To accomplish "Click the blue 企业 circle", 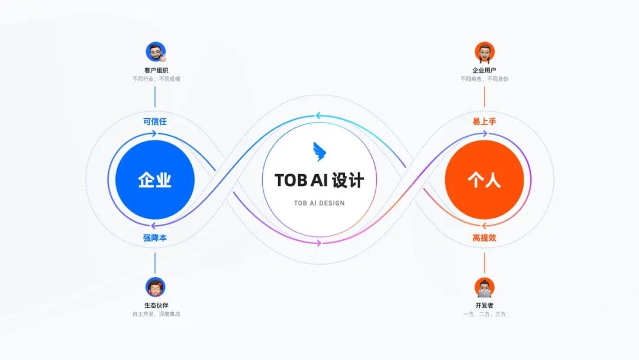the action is coord(155,179).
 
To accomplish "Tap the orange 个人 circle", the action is coord(484,179).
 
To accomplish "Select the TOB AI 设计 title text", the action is coord(319,180).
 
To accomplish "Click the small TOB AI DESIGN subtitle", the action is coord(319,203).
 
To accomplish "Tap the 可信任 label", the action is coord(155,121).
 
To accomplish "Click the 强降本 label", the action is coord(155,238).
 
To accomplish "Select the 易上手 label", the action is coord(484,121).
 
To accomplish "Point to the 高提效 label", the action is coord(484,238).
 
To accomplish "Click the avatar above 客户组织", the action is coord(156,52).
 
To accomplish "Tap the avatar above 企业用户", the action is coord(485,52).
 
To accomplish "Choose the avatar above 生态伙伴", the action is coord(156,287).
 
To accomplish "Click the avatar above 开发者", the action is coord(485,287).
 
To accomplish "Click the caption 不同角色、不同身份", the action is coord(484,79).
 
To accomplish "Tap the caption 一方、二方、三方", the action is coord(484,314).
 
